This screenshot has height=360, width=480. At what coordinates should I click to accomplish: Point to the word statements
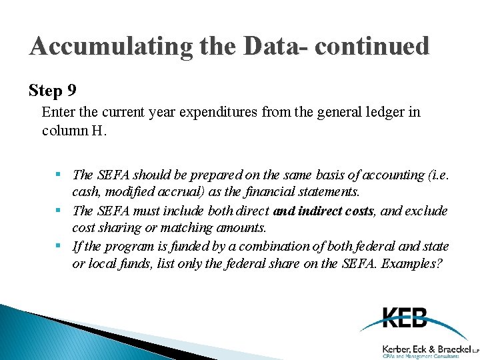tap(325, 192)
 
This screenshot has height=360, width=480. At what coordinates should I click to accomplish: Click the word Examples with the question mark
tap(409, 264)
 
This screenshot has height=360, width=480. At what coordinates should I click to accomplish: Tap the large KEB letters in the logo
tap(405, 318)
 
